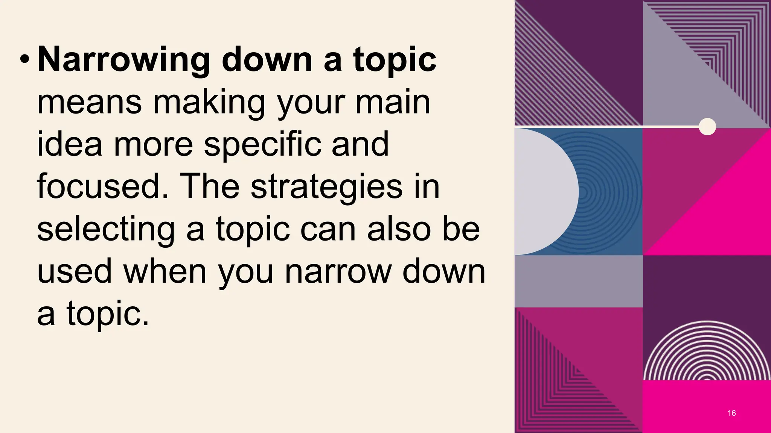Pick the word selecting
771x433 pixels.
(106, 229)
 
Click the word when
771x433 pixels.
(165, 271)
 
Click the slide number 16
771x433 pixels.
(731, 413)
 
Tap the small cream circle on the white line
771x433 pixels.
(707, 127)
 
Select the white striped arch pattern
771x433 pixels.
(707, 353)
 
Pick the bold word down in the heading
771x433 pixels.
(267, 60)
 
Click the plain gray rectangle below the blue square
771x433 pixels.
(579, 281)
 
